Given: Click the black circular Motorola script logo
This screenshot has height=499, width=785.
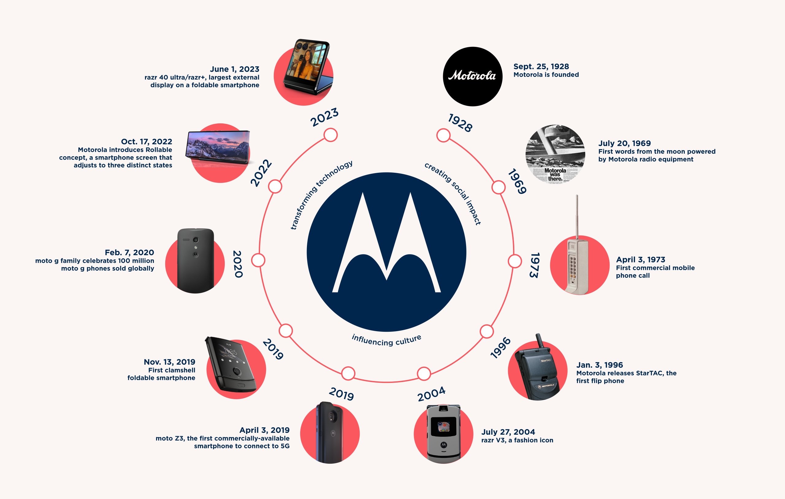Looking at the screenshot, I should point(472,76).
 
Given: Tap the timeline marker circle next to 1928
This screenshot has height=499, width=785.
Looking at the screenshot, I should point(443,135).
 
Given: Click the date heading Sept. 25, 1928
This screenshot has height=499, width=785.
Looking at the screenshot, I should point(541,66).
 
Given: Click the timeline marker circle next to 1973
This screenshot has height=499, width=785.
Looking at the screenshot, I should point(515,261).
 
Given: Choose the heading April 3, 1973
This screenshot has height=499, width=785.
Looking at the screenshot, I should point(640,259).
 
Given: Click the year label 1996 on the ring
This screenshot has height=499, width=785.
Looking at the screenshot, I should point(500,348).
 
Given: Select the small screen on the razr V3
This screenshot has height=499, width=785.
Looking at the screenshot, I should point(443,426).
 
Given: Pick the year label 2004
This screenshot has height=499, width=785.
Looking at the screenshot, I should point(431,394).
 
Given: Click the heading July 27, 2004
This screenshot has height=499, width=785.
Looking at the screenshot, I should point(508,432).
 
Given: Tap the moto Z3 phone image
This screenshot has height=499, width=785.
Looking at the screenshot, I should point(330,433).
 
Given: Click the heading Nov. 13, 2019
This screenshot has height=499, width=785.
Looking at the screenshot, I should point(169,362).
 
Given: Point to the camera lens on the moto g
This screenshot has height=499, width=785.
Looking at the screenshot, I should point(196,240).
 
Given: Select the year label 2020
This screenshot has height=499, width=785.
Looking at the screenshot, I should point(238,264).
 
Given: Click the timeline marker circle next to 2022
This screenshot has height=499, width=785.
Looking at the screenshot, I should point(275,187).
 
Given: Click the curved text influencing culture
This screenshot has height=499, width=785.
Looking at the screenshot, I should point(386,340).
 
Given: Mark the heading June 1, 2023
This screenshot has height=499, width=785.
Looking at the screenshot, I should point(234,69).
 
